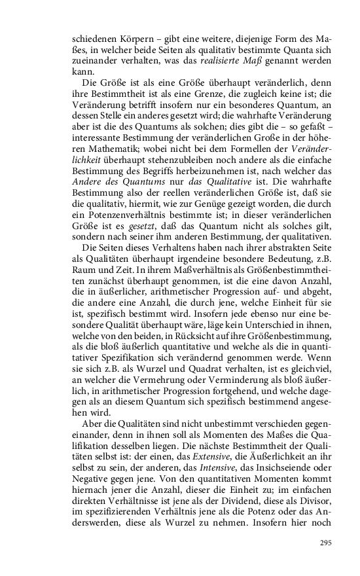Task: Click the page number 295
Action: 325,543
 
